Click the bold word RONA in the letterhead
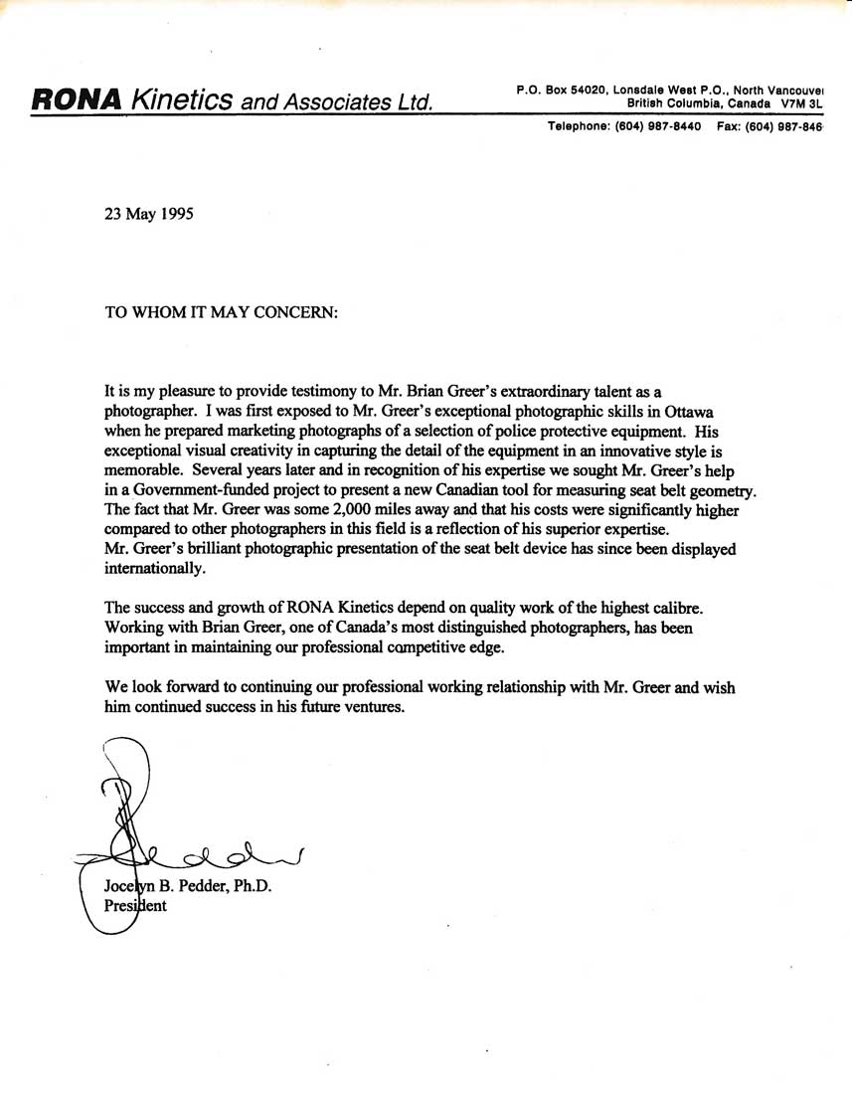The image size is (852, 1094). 78,98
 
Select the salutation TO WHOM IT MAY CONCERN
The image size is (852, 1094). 222,310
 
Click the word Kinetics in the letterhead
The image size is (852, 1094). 183,98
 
